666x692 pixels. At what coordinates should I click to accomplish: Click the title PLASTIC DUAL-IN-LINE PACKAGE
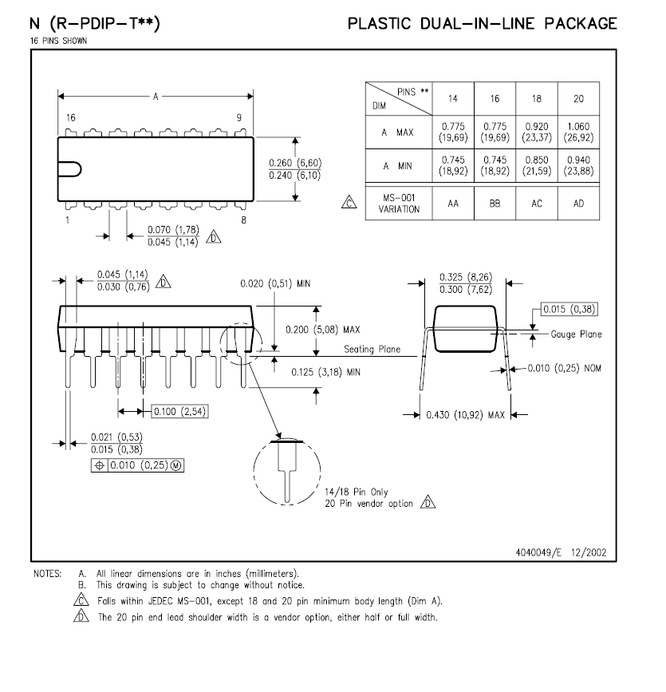482,24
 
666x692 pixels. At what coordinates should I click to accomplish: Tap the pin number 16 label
71,117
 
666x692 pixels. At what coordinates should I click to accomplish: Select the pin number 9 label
238,117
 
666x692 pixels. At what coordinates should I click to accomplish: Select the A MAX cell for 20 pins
578,131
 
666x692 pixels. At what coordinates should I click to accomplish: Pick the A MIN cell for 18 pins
537,166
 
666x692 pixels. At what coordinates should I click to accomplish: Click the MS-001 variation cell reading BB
495,204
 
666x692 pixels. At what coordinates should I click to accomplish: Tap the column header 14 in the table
452,98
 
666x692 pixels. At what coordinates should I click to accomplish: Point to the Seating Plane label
372,350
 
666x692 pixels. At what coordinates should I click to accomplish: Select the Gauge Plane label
576,334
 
